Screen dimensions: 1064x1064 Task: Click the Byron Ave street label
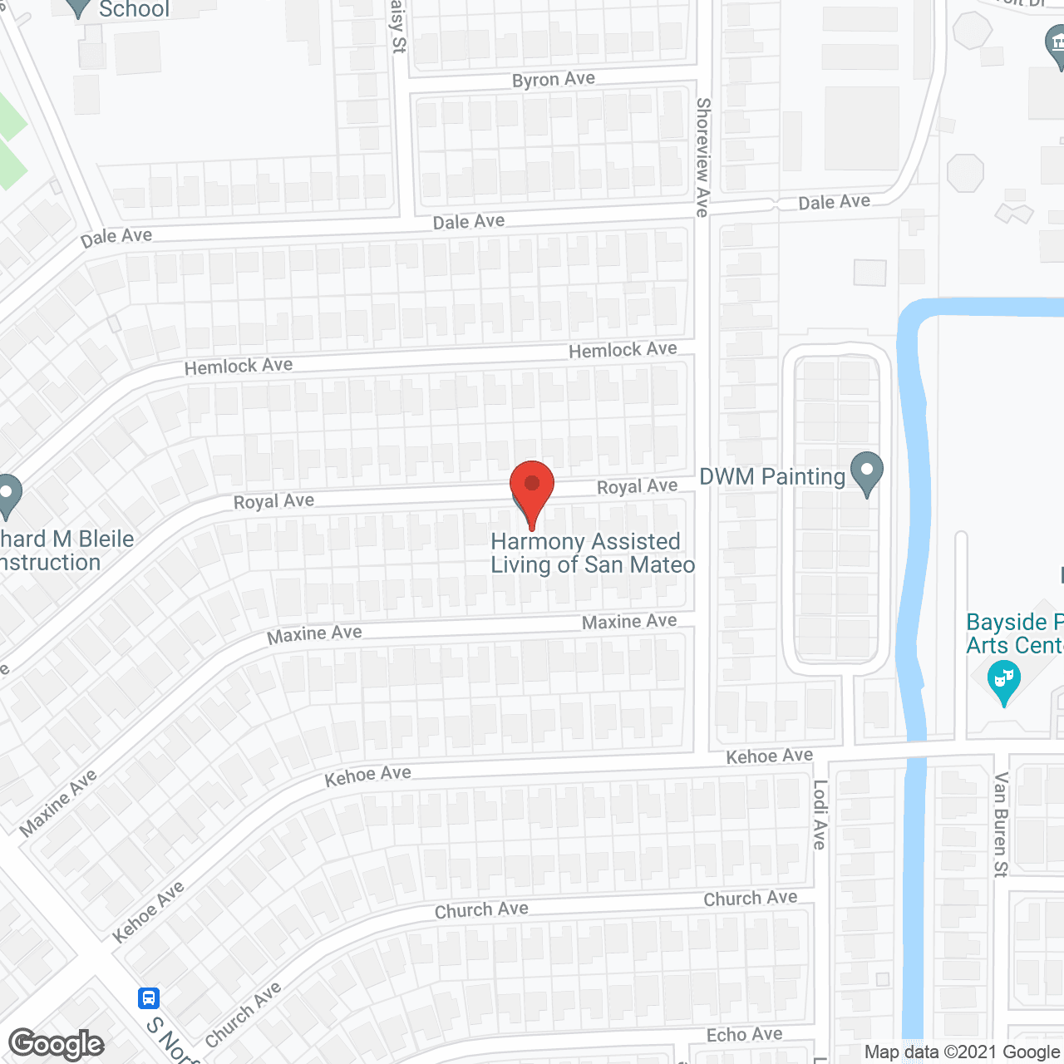(x=554, y=80)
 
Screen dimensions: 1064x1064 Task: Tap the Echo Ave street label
(x=744, y=1035)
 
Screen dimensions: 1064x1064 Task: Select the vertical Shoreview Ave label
(x=703, y=158)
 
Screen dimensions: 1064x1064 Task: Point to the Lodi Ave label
(x=820, y=815)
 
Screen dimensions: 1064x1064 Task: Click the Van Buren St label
(x=1001, y=825)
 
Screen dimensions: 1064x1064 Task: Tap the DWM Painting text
(x=772, y=477)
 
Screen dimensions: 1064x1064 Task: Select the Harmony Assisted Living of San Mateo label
(x=592, y=554)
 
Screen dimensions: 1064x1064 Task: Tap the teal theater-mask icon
(x=1004, y=681)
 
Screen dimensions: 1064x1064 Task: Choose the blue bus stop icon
(x=149, y=997)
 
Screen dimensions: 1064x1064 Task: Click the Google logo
(x=57, y=1045)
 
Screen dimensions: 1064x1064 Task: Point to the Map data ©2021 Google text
(x=962, y=1052)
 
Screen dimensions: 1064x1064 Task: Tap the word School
(x=134, y=10)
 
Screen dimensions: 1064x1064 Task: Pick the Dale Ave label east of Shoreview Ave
(x=834, y=202)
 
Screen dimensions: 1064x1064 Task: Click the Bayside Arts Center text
(x=1014, y=633)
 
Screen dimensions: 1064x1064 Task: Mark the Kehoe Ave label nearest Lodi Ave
(x=769, y=756)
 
